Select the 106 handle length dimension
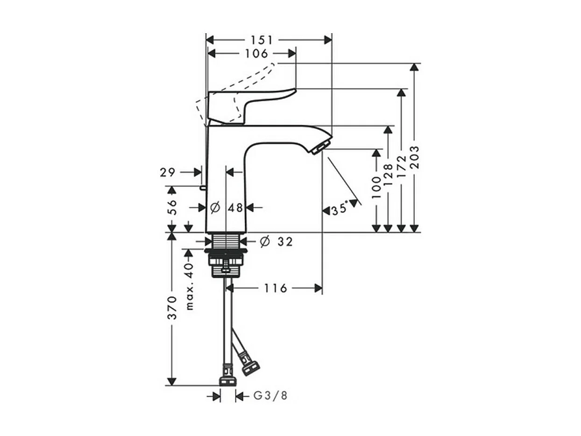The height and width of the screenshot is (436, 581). click(256, 54)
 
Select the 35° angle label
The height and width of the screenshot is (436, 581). click(340, 209)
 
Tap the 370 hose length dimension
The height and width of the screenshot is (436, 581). click(172, 307)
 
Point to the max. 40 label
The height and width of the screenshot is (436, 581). click(189, 286)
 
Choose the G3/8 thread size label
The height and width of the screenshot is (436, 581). click(270, 396)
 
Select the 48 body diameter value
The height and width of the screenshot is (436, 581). click(236, 207)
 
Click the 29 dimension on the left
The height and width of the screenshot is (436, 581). click(168, 172)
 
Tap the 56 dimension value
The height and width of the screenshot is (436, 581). click(172, 207)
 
